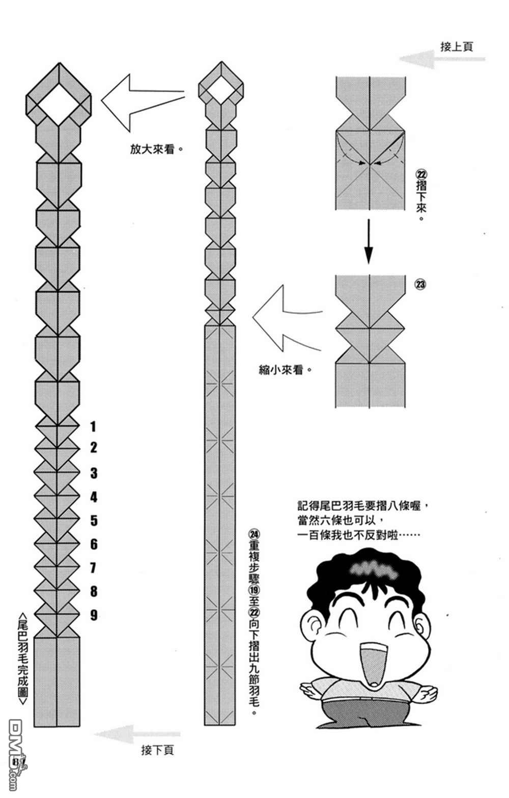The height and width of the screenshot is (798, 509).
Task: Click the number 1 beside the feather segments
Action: coord(93,426)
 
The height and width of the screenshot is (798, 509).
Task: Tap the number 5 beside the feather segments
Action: coord(94,520)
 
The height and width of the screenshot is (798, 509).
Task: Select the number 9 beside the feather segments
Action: coord(94,615)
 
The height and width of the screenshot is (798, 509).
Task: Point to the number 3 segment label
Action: coord(94,473)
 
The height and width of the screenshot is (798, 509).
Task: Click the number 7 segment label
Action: coord(94,567)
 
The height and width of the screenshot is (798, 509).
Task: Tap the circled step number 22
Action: coord(420,174)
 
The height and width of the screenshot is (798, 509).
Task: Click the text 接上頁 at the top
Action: coord(457,47)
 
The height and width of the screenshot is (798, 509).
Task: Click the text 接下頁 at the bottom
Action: coord(157,750)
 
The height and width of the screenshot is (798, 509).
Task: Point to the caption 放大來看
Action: coord(156,149)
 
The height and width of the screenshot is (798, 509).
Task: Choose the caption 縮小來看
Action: coord(285,370)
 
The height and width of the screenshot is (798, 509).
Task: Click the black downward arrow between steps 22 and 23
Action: coord(369,241)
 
